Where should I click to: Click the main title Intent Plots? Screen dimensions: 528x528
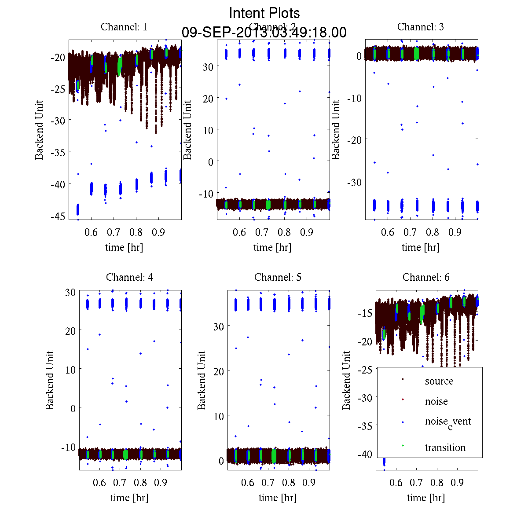click(x=264, y=13)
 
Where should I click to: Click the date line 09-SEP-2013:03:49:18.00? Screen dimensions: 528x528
click(x=264, y=33)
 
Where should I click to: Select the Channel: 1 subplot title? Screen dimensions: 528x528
click(x=124, y=27)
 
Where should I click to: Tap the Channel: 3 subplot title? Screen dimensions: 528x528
click(x=420, y=27)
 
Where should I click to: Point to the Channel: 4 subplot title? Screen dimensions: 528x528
click(x=129, y=277)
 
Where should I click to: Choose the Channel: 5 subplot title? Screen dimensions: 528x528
click(x=278, y=277)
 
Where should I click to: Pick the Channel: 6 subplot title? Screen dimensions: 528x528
click(x=426, y=277)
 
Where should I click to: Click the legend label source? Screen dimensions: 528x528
click(x=439, y=381)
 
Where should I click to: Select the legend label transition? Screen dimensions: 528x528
click(x=445, y=447)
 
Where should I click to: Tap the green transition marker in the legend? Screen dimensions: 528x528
click(x=403, y=446)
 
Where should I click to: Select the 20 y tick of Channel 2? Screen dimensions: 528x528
click(x=208, y=99)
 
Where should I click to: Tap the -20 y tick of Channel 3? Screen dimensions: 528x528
click(x=355, y=139)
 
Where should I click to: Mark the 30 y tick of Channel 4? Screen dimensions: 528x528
click(x=70, y=292)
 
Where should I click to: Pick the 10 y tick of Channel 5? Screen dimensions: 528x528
click(x=219, y=416)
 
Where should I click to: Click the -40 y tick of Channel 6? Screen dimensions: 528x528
click(x=366, y=454)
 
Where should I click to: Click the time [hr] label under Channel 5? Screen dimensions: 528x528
click(x=278, y=498)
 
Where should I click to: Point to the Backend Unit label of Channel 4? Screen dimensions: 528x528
click(x=50, y=380)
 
